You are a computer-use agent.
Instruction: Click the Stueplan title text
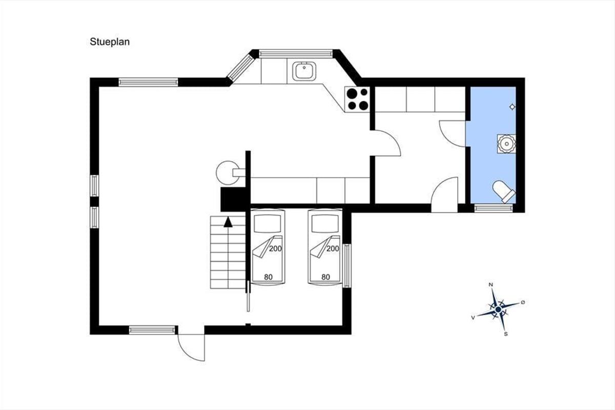110,42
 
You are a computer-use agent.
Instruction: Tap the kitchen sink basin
304,71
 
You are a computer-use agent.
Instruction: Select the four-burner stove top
357,99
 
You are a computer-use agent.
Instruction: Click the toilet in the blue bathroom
504,191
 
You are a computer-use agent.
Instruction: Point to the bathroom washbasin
506,143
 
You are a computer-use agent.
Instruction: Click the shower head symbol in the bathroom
512,107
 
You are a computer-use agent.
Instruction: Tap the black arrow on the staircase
228,222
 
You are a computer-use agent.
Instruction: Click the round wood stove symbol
228,173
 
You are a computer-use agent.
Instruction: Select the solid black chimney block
233,199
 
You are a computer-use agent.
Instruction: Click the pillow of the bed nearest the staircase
268,223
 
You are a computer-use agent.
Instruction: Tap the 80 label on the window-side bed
325,277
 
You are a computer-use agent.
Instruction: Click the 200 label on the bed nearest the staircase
275,249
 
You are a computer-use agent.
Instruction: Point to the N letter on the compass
490,284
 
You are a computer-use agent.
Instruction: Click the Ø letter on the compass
523,302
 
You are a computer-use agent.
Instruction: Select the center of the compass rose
498,310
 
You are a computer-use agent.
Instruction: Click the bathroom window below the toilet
494,208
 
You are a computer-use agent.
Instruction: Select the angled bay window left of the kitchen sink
241,67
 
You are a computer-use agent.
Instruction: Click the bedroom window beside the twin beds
347,265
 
